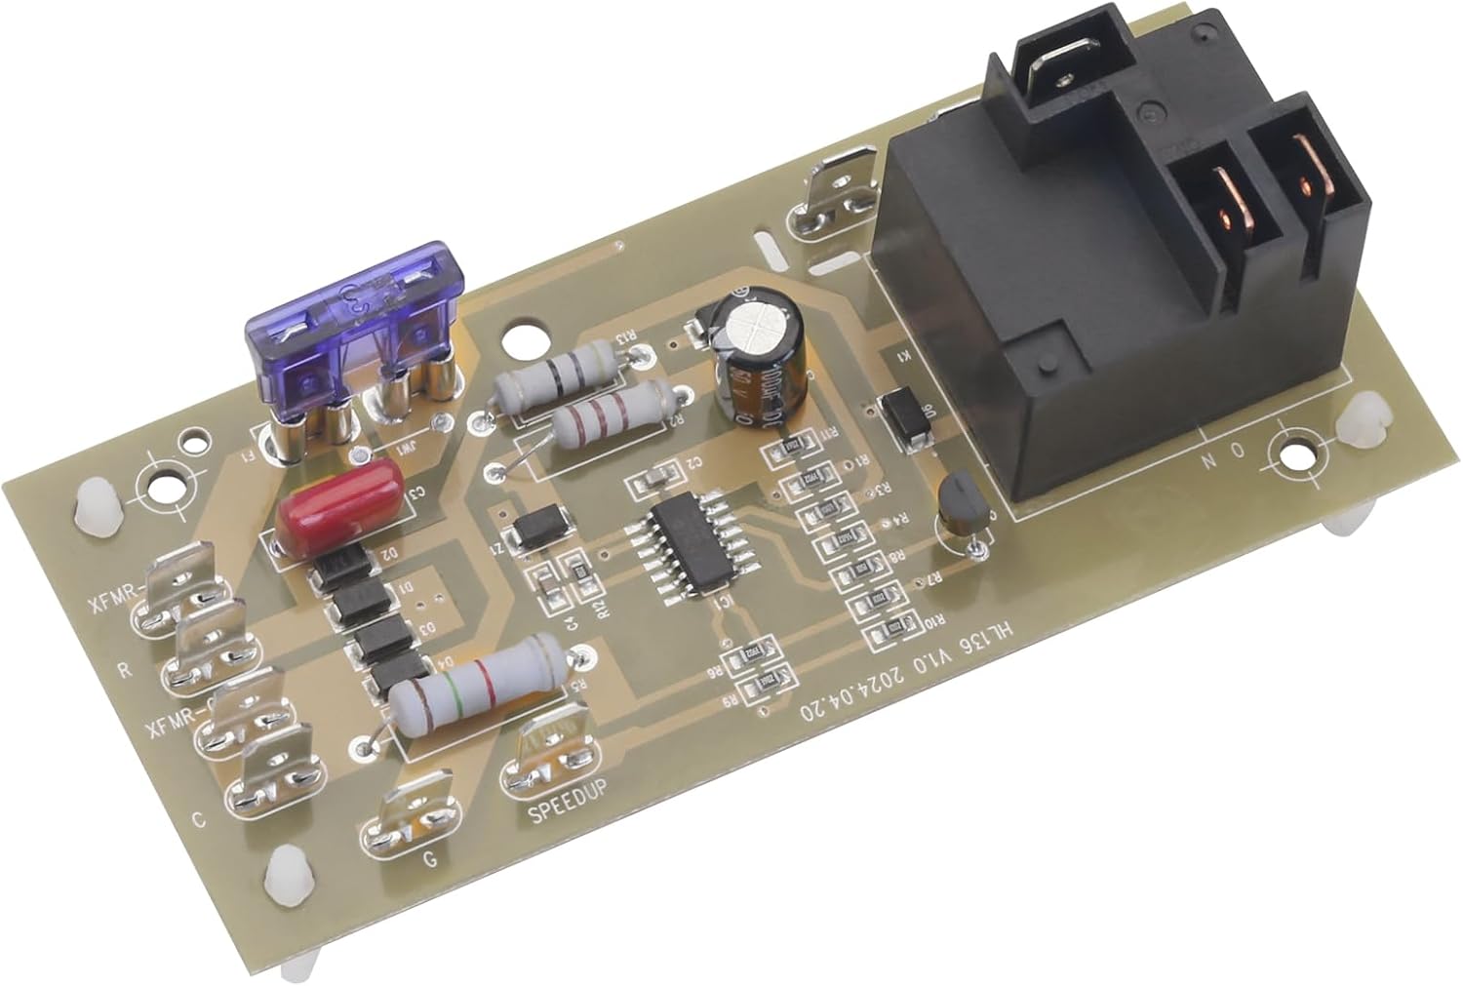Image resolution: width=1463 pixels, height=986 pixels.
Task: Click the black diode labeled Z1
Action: click(x=534, y=528)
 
